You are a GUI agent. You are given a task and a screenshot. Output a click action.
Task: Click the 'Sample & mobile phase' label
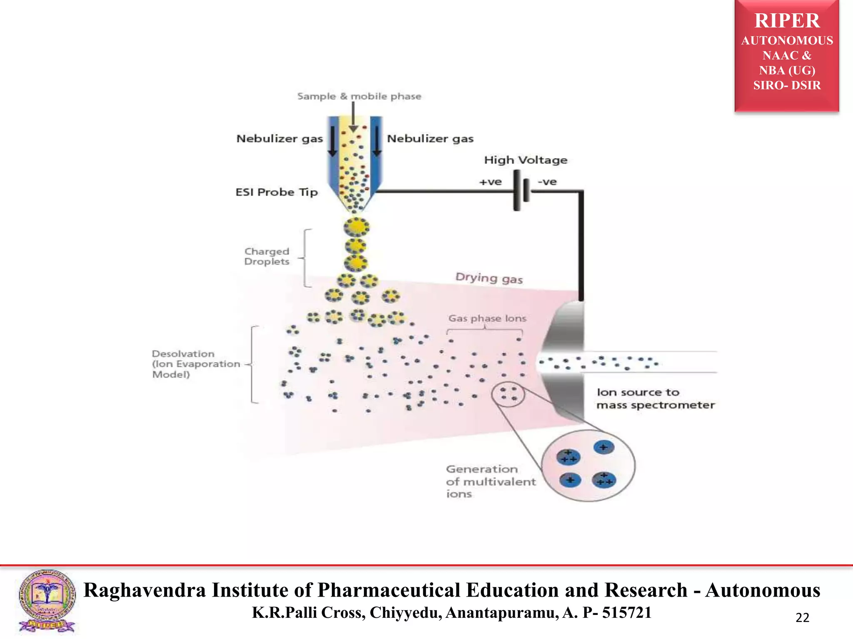tap(359, 97)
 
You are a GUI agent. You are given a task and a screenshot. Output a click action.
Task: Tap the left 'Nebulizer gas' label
tap(279, 139)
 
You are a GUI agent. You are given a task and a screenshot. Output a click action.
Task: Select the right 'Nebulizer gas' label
tap(430, 139)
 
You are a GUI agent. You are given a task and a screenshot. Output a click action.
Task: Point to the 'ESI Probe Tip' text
tap(277, 192)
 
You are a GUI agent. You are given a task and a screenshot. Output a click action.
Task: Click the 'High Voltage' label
tap(526, 160)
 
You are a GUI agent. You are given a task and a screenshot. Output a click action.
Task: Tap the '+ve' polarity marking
tap(490, 182)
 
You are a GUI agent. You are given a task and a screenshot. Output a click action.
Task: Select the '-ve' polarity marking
tap(547, 182)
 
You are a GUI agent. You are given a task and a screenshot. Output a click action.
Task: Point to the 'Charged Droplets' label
tap(267, 256)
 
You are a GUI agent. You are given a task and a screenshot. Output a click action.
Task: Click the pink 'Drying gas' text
tap(489, 278)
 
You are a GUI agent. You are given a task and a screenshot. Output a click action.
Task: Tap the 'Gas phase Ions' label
tap(487, 318)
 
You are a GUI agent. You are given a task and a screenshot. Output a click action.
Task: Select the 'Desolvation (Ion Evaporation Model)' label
tap(196, 364)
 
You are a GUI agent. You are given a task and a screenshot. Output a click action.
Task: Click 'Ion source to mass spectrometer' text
tap(655, 399)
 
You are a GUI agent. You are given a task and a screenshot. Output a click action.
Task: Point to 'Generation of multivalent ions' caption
tap(490, 481)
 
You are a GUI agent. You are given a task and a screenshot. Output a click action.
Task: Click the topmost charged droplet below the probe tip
tap(357, 227)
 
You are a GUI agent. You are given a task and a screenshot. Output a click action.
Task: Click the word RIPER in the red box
tap(787, 21)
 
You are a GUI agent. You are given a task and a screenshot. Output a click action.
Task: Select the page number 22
tap(802, 617)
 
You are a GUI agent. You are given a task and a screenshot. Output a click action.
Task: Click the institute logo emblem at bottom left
tap(47, 600)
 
